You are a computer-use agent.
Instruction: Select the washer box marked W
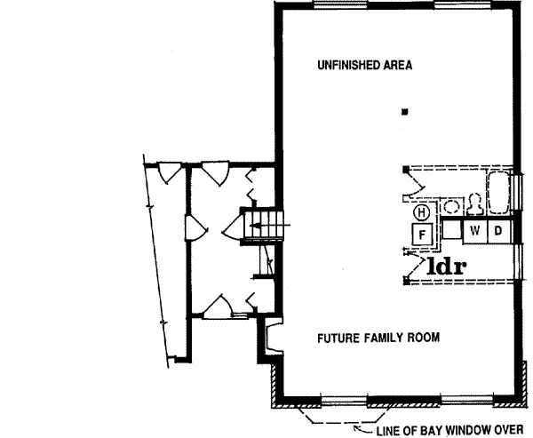(475, 231)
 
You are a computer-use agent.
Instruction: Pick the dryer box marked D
(498, 231)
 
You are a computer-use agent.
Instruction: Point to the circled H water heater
(421, 213)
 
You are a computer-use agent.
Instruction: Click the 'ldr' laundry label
(448, 265)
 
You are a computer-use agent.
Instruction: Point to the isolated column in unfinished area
(405, 112)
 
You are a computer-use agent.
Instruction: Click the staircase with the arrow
(265, 226)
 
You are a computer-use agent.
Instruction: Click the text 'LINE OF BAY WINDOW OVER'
(450, 432)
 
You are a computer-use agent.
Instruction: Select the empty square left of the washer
(452, 231)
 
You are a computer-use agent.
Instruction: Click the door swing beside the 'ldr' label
(411, 265)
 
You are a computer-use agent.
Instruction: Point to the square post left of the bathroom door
(405, 169)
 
